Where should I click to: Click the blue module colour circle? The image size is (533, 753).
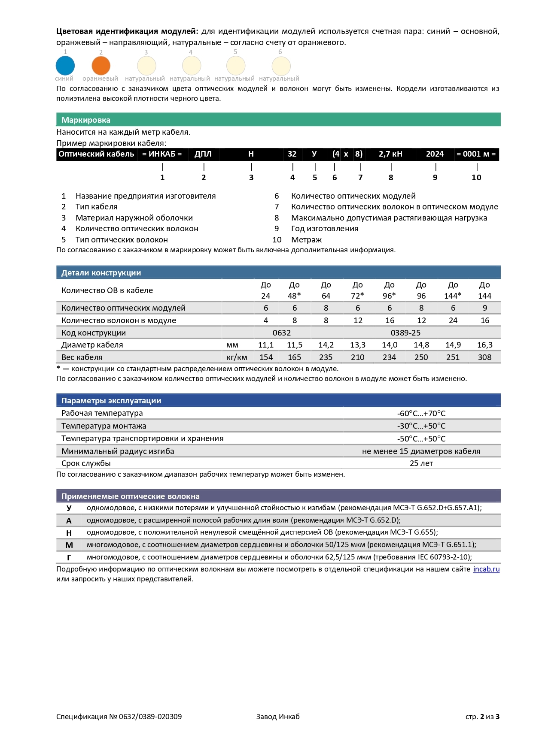pos(65,66)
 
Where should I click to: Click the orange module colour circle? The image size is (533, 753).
pos(101,66)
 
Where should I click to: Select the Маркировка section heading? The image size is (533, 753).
pos(86,120)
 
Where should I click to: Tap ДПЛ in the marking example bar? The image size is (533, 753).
pos(203,154)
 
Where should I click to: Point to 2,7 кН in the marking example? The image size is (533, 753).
pos(390,154)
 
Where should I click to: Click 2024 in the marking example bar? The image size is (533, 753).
pos(435,154)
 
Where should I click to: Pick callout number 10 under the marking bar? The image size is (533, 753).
pos(476,178)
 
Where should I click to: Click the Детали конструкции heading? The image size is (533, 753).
pos(101,273)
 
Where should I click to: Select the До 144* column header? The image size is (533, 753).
pos(453,290)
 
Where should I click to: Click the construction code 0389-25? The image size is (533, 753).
pos(405,333)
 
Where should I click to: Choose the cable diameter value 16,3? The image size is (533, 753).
pos(485,345)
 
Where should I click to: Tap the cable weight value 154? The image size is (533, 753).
pos(266,357)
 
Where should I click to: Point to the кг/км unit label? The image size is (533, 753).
pos(237,357)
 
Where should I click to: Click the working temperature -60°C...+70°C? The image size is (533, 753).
pos(421,414)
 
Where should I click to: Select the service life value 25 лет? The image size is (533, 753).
pos(421,463)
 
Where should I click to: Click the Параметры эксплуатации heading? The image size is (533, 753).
pos(111,401)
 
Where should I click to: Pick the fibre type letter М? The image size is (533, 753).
pos(69,545)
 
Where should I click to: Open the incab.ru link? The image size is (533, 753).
pos(486,569)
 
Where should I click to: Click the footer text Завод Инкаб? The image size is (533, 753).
pos(278,717)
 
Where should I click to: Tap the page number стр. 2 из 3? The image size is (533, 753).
pos(482,717)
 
